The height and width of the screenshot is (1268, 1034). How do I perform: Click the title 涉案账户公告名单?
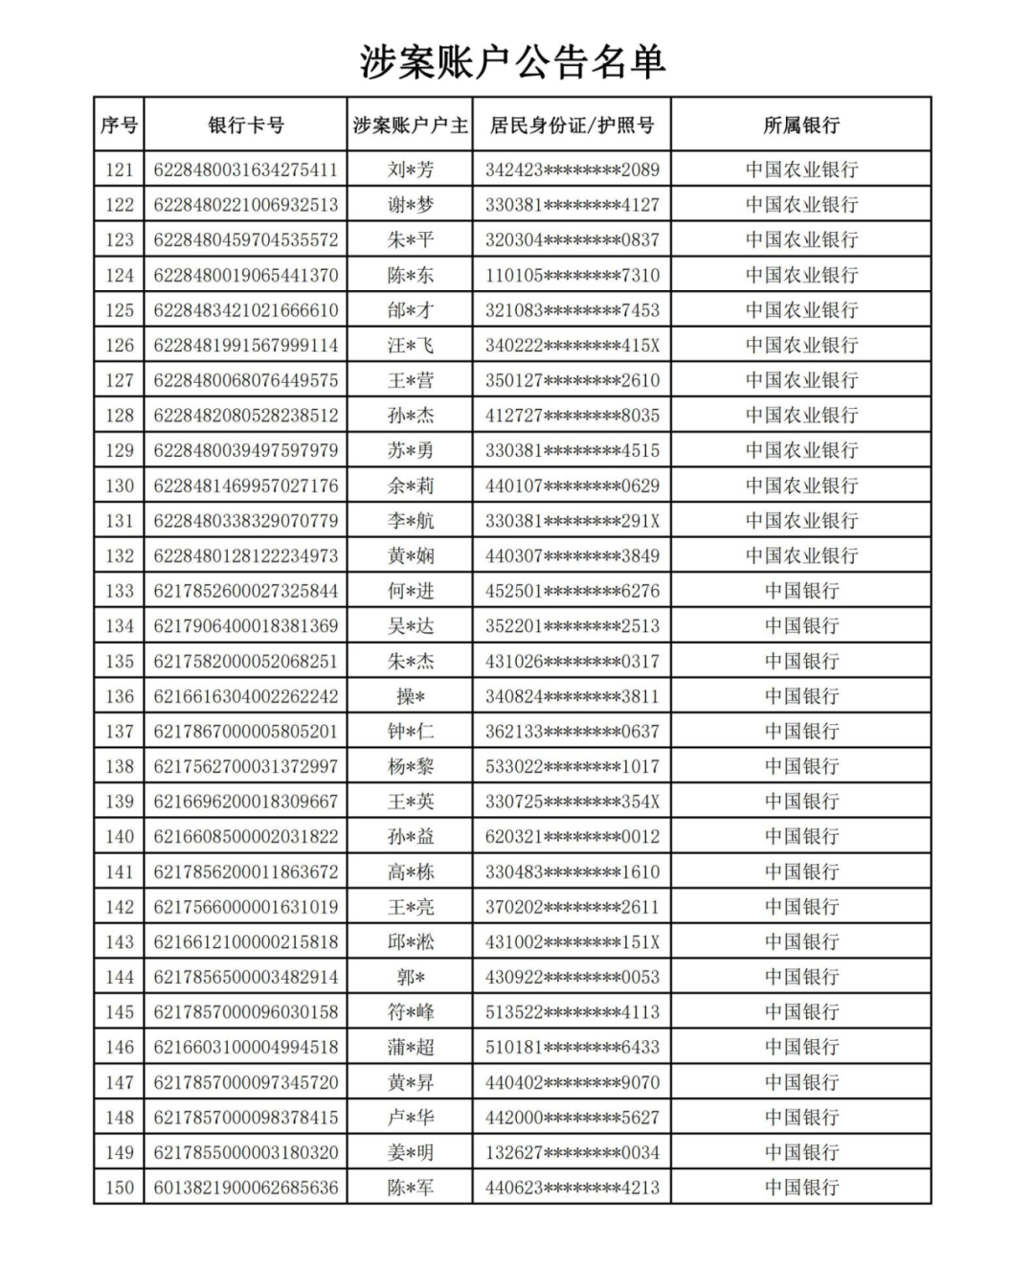[x=512, y=61]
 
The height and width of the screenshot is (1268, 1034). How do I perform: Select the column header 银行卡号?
[x=246, y=125]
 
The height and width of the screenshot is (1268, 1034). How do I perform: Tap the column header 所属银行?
[x=800, y=125]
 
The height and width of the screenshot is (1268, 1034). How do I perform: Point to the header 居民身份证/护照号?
[x=572, y=125]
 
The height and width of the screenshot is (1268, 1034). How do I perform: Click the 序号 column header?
[x=119, y=125]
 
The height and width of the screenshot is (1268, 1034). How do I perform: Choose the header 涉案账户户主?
[x=410, y=125]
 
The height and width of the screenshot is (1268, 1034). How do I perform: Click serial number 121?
[x=119, y=170]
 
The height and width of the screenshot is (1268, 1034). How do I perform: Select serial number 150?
[x=119, y=1188]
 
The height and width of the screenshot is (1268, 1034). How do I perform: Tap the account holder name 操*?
[x=410, y=696]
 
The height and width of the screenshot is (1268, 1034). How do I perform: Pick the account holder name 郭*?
[x=410, y=977]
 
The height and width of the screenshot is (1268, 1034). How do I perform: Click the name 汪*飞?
[x=410, y=345]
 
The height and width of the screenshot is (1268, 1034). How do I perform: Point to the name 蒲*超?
[x=410, y=1047]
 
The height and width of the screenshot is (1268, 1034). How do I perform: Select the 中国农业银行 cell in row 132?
[x=800, y=555]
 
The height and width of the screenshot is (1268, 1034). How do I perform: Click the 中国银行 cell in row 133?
[x=800, y=591]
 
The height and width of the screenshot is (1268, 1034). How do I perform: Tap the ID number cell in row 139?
[x=572, y=802]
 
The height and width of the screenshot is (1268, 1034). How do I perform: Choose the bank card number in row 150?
[x=246, y=1188]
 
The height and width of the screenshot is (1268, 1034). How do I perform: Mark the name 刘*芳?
[x=410, y=170]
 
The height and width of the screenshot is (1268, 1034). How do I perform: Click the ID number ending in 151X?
[x=572, y=941]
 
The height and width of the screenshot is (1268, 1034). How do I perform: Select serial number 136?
[x=119, y=696]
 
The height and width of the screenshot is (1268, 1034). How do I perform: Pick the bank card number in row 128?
[x=246, y=415]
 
